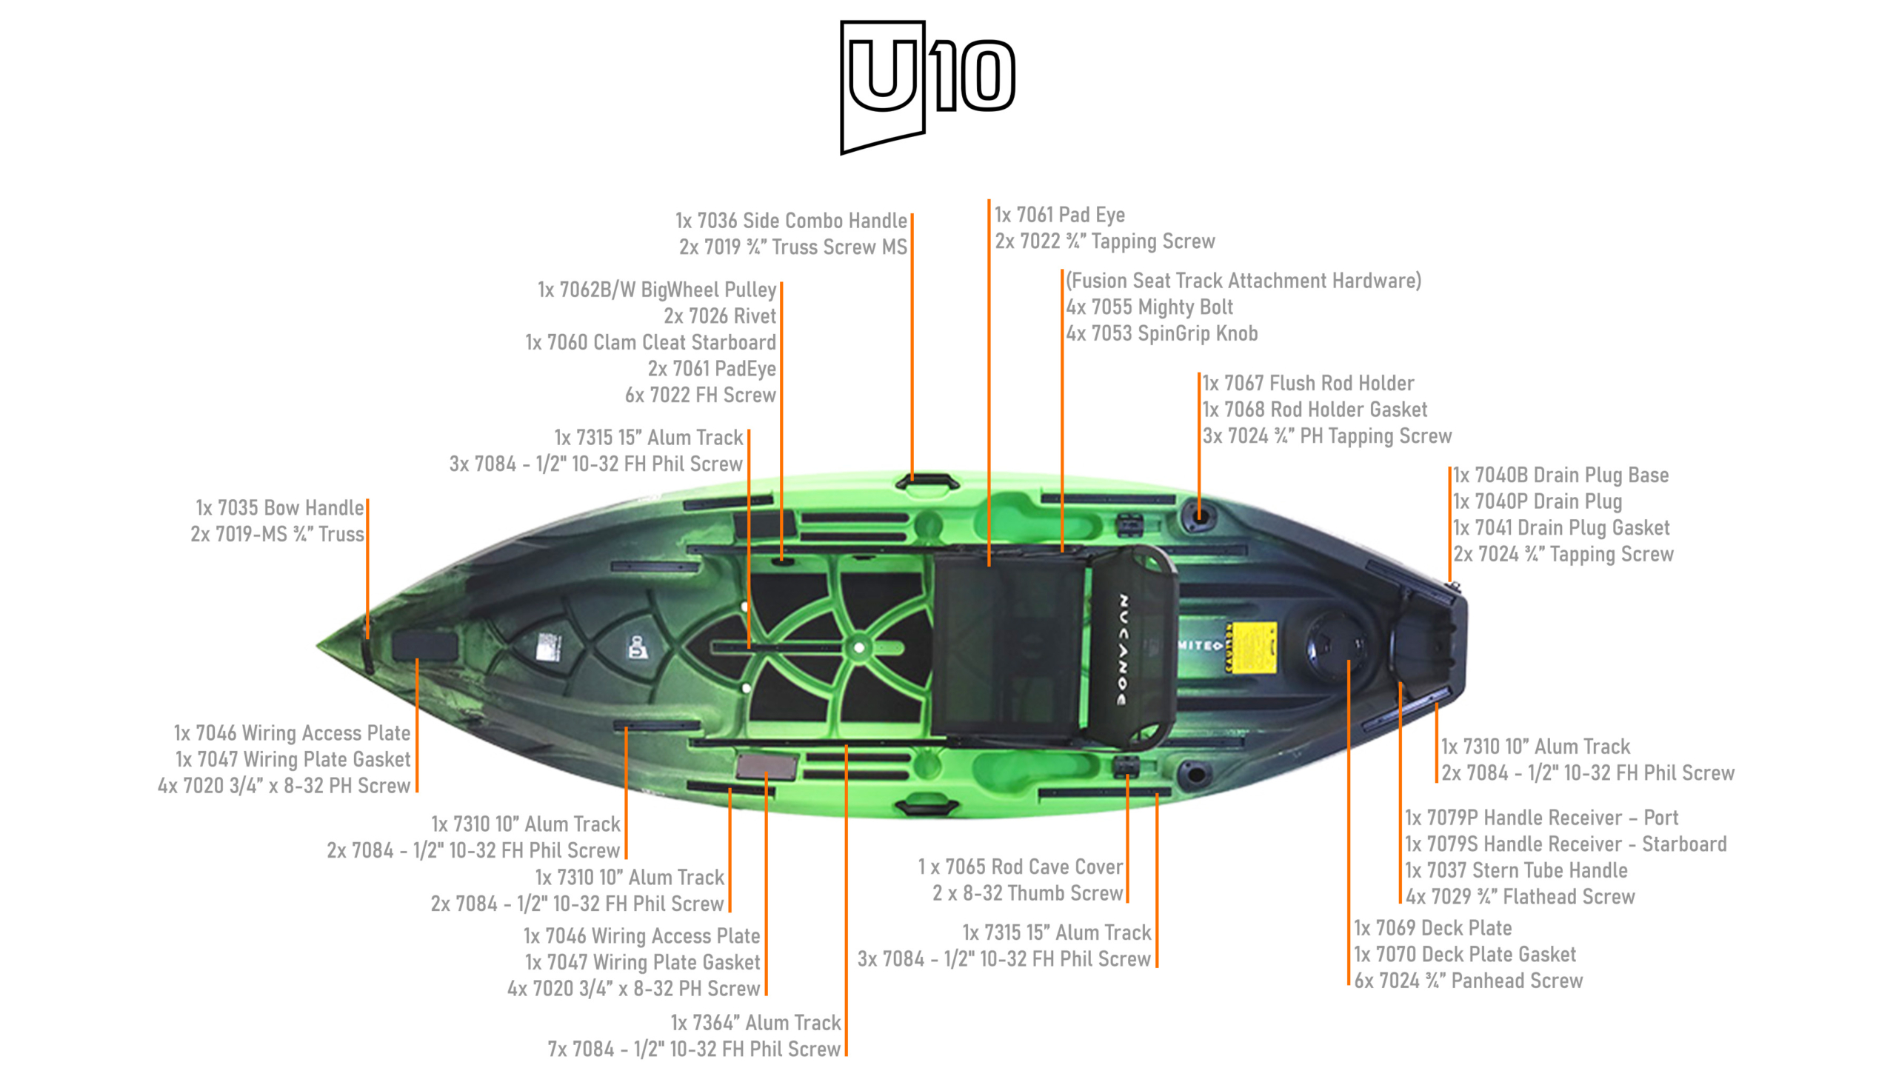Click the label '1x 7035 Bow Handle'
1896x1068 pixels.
pyautogui.click(x=279, y=508)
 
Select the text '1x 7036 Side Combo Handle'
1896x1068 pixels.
pyautogui.click(x=790, y=221)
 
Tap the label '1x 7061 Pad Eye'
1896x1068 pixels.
pyautogui.click(x=1059, y=215)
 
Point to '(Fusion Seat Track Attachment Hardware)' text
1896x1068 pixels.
pyautogui.click(x=1243, y=281)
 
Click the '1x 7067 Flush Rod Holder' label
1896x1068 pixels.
pyautogui.click(x=1307, y=383)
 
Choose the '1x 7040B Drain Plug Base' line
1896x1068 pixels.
pyautogui.click(x=1560, y=475)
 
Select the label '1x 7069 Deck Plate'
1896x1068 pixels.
pyautogui.click(x=1432, y=928)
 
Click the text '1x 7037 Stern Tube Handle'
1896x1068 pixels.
pyautogui.click(x=1516, y=870)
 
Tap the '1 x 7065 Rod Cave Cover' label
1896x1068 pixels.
pyautogui.click(x=1020, y=867)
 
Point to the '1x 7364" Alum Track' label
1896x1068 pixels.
pyautogui.click(x=755, y=1023)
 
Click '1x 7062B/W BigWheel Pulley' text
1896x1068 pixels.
pyautogui.click(x=656, y=290)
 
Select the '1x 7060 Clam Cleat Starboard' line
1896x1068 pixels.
pyautogui.click(x=650, y=342)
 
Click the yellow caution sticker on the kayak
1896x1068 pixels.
pyautogui.click(x=1252, y=647)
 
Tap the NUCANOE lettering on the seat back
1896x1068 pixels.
pyautogui.click(x=1123, y=649)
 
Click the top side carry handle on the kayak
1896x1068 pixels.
pyautogui.click(x=927, y=482)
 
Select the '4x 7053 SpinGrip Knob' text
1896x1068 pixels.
pyautogui.click(x=1161, y=333)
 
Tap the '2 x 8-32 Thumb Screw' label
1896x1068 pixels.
pyautogui.click(x=1027, y=893)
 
